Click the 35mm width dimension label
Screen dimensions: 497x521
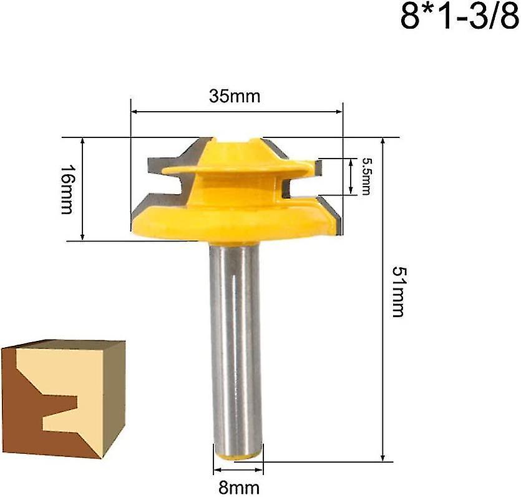[236, 97]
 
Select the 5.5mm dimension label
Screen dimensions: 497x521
[366, 176]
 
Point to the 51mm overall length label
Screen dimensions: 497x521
[397, 291]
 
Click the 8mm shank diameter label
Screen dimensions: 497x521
[237, 487]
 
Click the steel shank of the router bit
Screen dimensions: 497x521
[236, 343]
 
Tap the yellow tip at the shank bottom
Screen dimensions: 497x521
[238, 456]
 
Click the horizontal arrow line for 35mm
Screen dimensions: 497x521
[236, 112]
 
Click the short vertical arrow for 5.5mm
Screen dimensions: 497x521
[351, 176]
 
